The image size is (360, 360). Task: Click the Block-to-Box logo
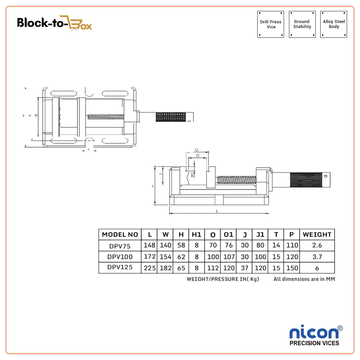pos(55,23)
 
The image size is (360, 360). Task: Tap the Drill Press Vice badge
pos(271,24)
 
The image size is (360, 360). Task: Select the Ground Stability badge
pos(302,24)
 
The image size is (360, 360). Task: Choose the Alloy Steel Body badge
pos(334,24)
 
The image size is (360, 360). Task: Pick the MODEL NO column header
pos(120,235)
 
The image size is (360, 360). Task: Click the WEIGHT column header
pos(317,235)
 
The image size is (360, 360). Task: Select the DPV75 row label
pos(120,246)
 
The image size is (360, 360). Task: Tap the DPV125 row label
pos(120,267)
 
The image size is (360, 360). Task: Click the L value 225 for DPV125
pos(150,268)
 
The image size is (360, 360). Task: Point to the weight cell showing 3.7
pos(317,257)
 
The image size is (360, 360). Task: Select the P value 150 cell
pos(292,268)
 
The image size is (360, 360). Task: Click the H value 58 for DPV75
pos(181,246)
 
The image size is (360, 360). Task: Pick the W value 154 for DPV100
pos(165,257)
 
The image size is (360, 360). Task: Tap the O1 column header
pos(228,235)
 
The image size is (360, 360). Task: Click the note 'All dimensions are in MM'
pos(304,279)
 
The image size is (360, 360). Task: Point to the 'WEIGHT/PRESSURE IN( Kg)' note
pos(223,279)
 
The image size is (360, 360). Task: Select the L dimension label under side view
pos(217,211)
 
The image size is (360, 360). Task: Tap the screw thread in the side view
pos(237,180)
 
